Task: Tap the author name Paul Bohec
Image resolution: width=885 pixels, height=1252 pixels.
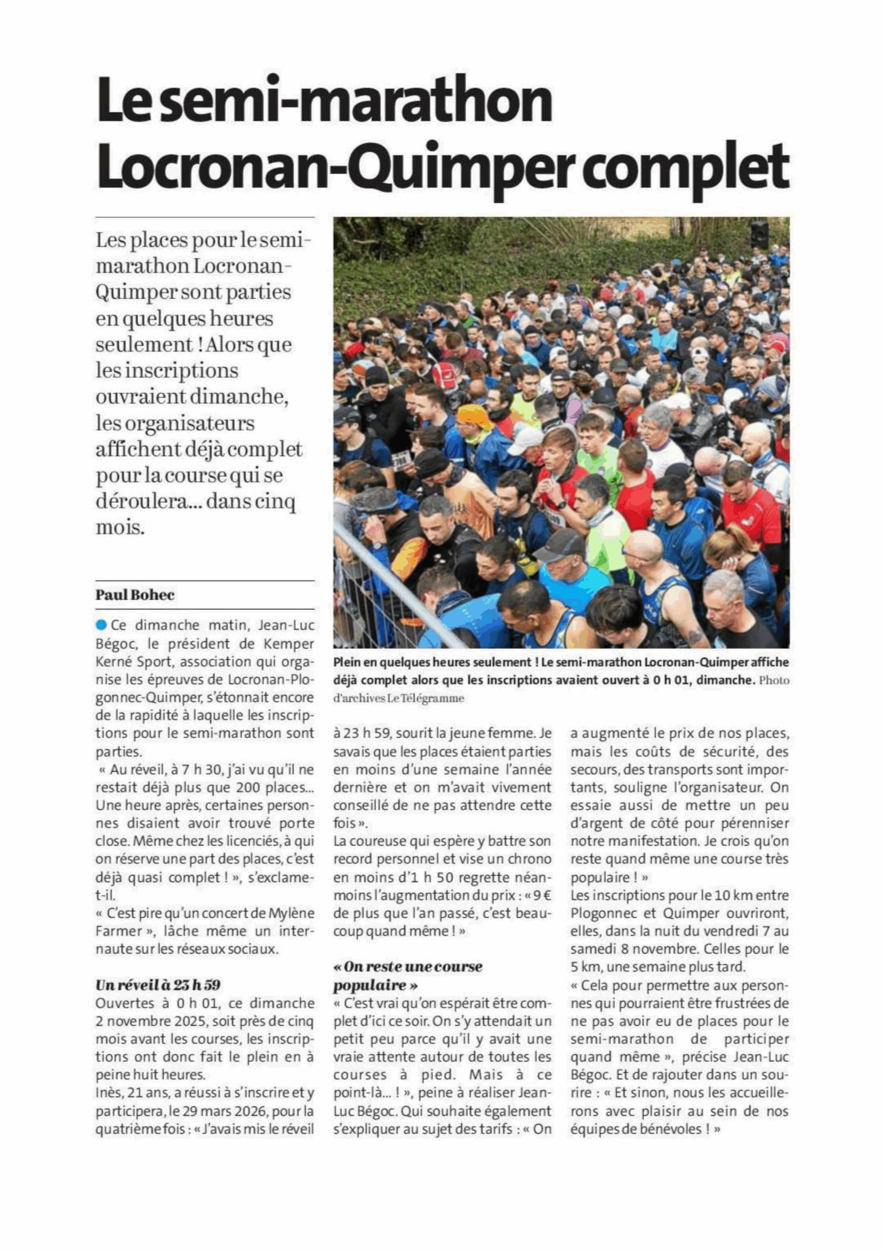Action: coord(134,595)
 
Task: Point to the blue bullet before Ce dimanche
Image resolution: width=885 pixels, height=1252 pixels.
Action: coord(101,625)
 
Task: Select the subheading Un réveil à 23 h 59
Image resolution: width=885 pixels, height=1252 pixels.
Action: coord(157,985)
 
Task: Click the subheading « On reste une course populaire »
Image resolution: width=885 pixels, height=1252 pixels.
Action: coord(408,976)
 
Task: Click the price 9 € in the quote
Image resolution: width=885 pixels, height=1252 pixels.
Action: coord(541,895)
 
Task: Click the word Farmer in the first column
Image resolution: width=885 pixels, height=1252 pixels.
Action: coord(115,931)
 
